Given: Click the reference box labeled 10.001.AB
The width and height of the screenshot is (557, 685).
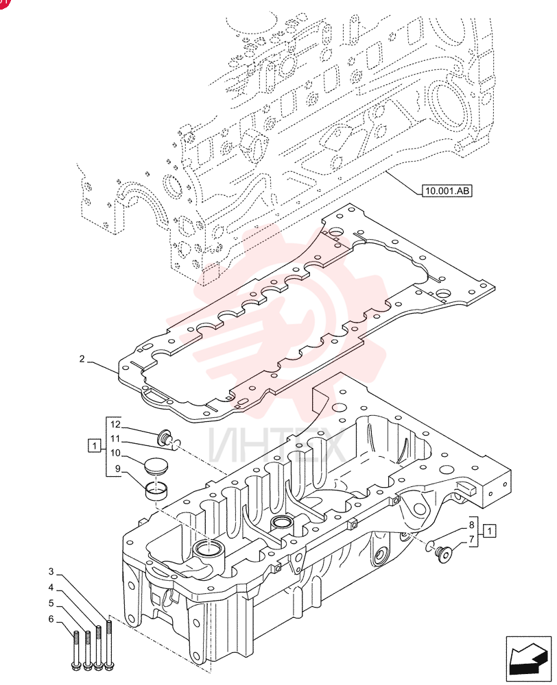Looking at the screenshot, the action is pyautogui.click(x=447, y=190).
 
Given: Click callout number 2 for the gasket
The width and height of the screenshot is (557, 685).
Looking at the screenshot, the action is pyautogui.click(x=82, y=359).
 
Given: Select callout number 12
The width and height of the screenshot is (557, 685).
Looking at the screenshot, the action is pyautogui.click(x=115, y=424).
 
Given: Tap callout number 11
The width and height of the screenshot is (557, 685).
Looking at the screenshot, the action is pyautogui.click(x=115, y=438).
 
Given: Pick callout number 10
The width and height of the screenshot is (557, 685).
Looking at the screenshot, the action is pyautogui.click(x=115, y=453).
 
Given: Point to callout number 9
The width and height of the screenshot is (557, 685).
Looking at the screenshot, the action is pyautogui.click(x=118, y=469).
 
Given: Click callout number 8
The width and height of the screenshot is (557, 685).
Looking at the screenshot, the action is pyautogui.click(x=472, y=525).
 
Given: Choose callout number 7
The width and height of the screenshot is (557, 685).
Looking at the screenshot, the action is pyautogui.click(x=472, y=539).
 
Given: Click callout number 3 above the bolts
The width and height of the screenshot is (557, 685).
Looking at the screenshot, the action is pyautogui.click(x=51, y=571).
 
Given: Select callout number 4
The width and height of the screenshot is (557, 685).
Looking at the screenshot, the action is pyautogui.click(x=51, y=588).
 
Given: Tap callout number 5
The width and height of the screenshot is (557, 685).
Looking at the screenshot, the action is pyautogui.click(x=51, y=603).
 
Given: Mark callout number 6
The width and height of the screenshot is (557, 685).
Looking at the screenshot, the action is pyautogui.click(x=51, y=619).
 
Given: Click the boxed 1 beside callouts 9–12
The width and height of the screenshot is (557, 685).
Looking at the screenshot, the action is pyautogui.click(x=94, y=446).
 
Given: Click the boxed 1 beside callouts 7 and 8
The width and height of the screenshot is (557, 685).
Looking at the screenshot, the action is pyautogui.click(x=490, y=532).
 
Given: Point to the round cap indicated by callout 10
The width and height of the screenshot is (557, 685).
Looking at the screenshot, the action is pyautogui.click(x=154, y=465).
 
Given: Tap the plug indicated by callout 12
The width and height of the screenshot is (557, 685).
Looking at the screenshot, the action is pyautogui.click(x=164, y=437).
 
